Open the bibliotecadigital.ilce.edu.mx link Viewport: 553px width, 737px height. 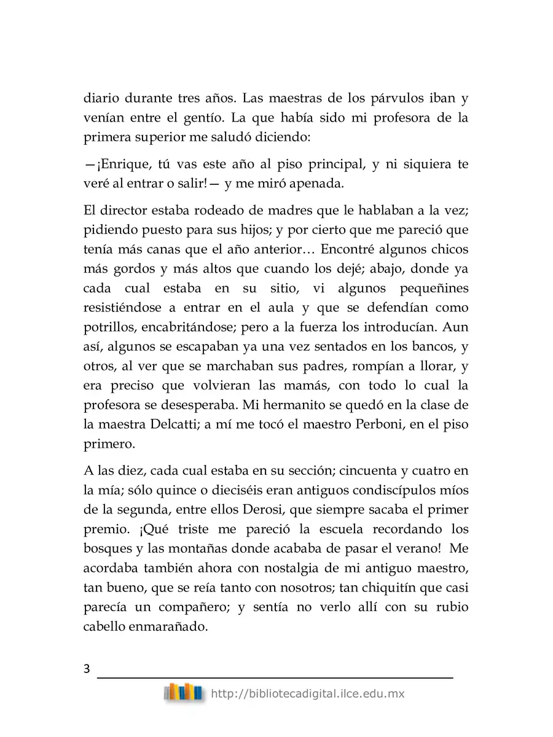(x=307, y=694)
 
